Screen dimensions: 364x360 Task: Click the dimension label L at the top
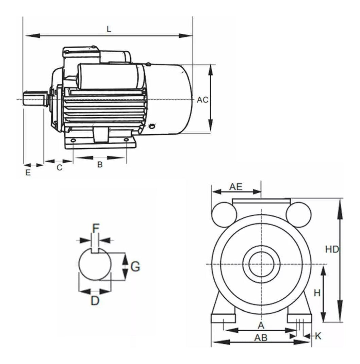[x=109, y=29]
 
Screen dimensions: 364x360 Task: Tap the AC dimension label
[x=202, y=100]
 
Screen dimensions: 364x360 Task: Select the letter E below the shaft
[x=28, y=172]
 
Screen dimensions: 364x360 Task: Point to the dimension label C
[x=59, y=168]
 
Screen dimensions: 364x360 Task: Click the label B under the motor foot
[x=100, y=165]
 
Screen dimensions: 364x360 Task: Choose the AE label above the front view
[x=235, y=186]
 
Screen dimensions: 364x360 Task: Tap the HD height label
[x=332, y=249]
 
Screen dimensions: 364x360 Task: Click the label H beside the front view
[x=317, y=293]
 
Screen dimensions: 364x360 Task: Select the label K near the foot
[x=318, y=336]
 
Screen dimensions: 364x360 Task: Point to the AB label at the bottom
[x=261, y=338]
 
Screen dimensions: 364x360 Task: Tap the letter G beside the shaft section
[x=135, y=267]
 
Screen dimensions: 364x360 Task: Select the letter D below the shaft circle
[x=95, y=300]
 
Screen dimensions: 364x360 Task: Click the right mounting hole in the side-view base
[x=126, y=140]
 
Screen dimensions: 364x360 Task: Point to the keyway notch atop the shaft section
[x=95, y=251]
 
